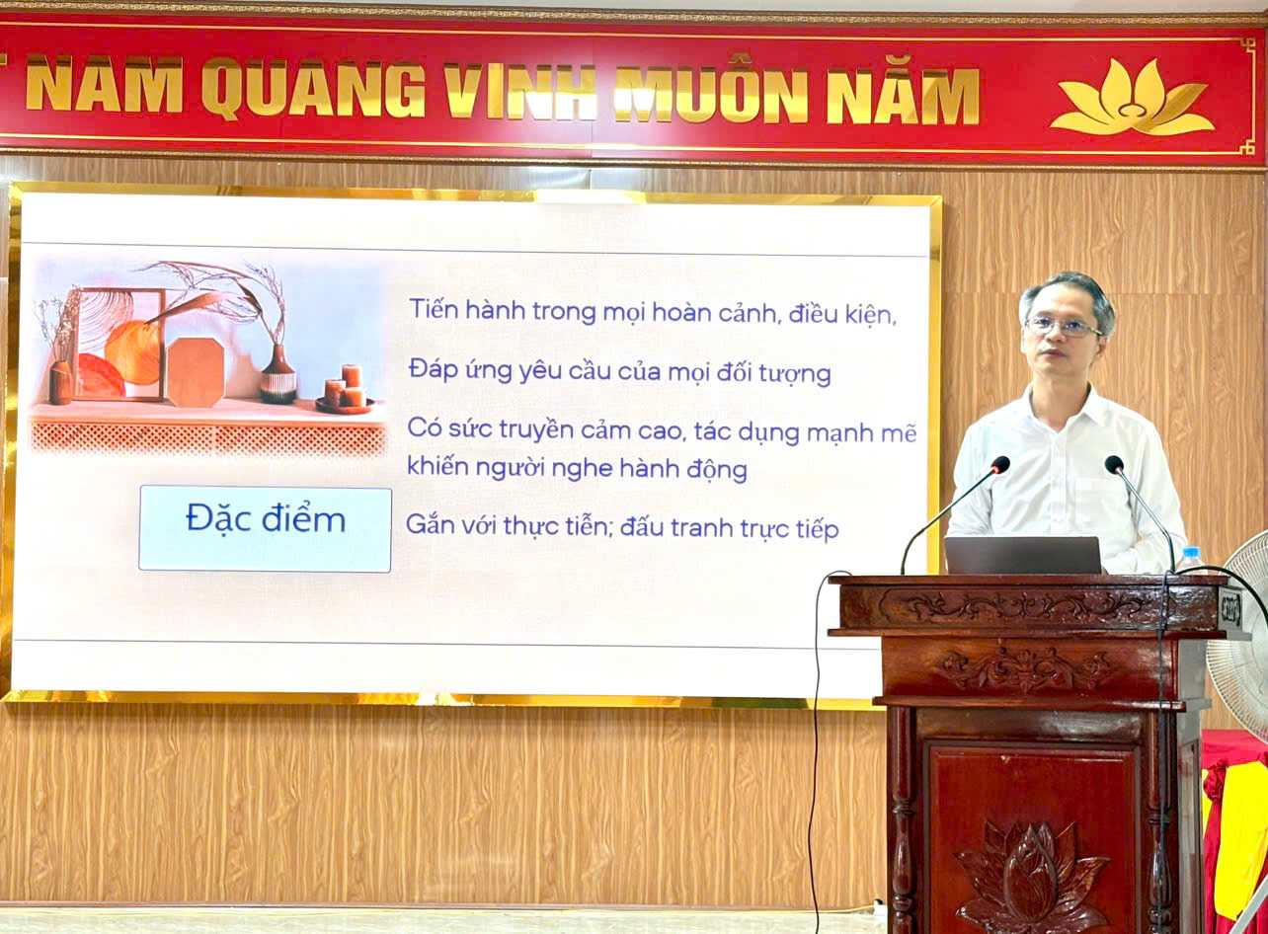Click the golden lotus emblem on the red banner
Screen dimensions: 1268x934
tap(1131, 98)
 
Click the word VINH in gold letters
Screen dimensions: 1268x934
tap(519, 92)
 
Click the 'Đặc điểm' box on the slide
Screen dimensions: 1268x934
tap(265, 528)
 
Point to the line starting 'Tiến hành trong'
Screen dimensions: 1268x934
tap(653, 312)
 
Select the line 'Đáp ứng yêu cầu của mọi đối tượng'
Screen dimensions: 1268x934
tap(620, 372)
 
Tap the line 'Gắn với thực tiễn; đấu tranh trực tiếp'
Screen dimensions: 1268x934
tap(622, 527)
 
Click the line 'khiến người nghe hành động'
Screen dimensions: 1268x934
tap(577, 468)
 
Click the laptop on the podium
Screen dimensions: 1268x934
tap(1022, 555)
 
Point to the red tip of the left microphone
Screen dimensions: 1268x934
tap(1000, 464)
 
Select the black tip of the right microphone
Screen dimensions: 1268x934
tap(1114, 464)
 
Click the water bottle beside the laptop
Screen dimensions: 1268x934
tap(1193, 560)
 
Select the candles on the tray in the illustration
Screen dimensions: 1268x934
tap(345, 387)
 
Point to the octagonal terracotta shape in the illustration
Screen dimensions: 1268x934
tap(196, 372)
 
